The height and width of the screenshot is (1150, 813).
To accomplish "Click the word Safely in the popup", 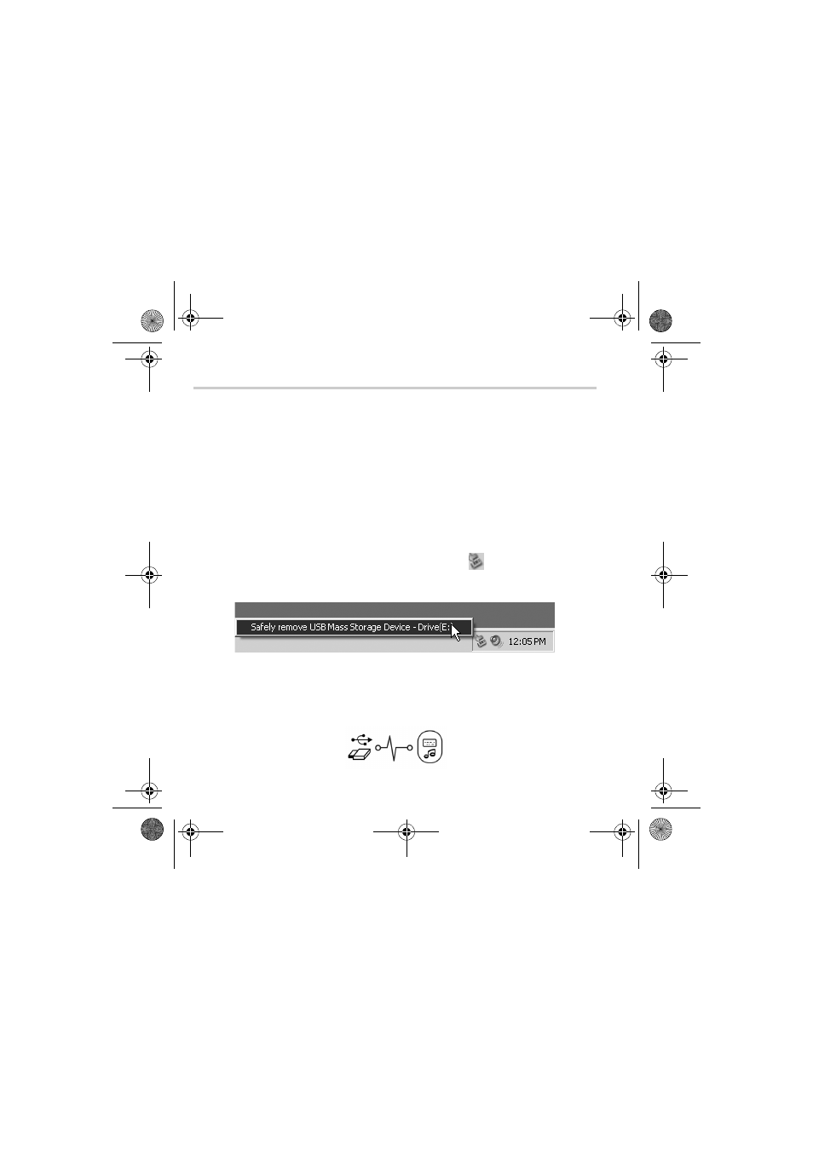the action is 262,627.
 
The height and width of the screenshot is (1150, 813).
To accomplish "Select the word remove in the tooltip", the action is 292,627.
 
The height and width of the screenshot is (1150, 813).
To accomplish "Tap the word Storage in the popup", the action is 365,627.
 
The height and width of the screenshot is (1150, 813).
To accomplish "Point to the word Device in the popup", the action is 397,627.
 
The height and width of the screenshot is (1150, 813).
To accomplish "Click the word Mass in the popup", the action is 337,627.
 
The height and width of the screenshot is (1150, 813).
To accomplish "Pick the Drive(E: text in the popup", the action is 434,627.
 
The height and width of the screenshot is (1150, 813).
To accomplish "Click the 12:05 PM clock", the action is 527,641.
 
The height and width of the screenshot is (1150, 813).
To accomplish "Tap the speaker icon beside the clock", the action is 496,641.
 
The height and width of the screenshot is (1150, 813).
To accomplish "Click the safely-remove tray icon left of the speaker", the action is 481,641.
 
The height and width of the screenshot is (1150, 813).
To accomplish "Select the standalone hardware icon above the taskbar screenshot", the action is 476,561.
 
